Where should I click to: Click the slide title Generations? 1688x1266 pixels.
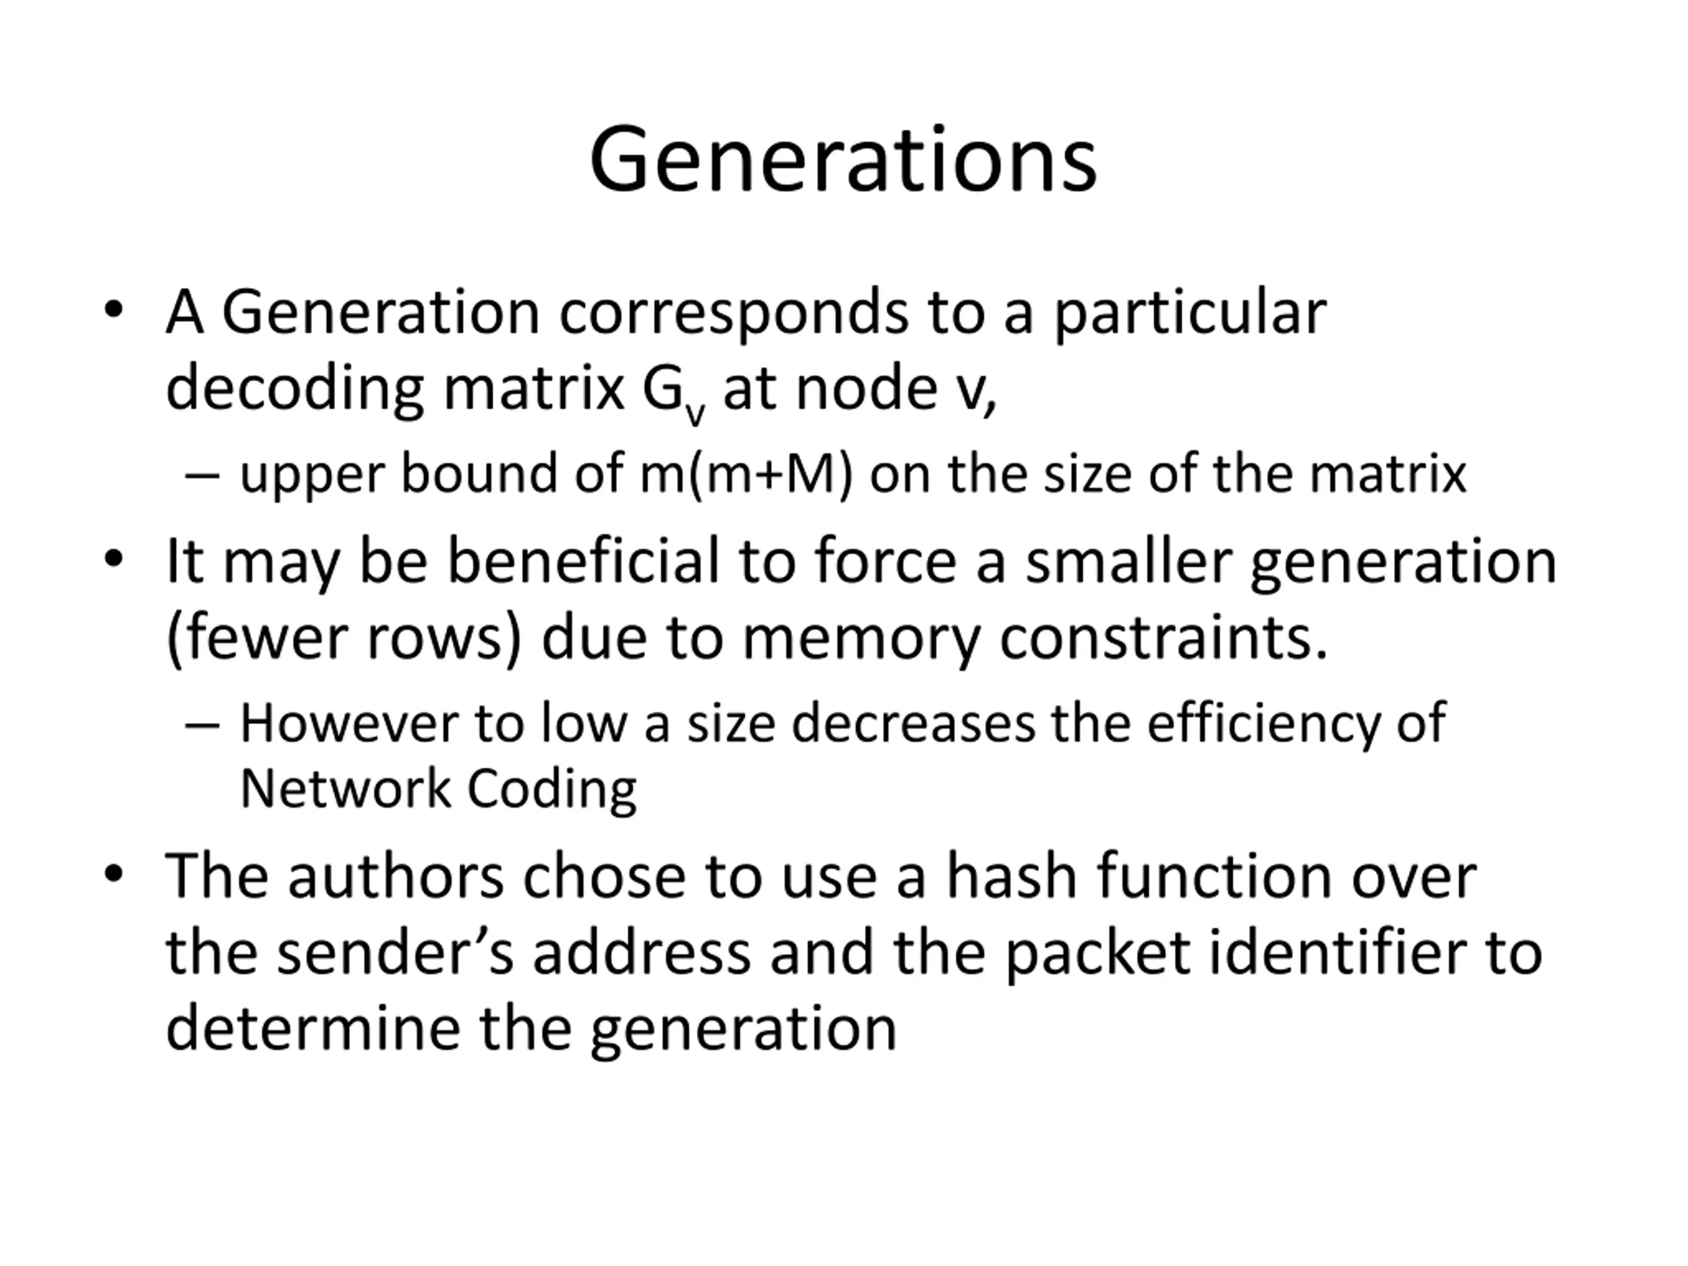click(x=843, y=161)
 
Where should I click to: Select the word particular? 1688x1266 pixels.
click(x=1190, y=313)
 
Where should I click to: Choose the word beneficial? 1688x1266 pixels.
click(x=583, y=561)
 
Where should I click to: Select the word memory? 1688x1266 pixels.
click(x=862, y=639)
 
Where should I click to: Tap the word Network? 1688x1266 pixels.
click(x=345, y=789)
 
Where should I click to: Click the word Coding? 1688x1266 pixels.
click(x=552, y=790)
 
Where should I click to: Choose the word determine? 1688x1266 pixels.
click(x=313, y=1029)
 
